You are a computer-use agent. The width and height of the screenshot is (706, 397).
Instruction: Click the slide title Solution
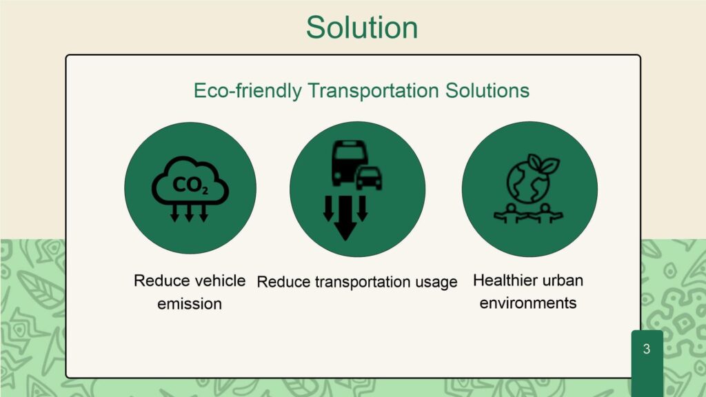362,28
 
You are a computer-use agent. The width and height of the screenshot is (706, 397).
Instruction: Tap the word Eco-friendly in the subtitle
248,91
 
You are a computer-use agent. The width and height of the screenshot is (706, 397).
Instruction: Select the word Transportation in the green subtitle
373,90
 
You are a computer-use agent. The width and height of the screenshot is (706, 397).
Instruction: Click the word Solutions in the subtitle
487,90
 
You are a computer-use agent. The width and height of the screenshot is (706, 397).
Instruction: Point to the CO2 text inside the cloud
190,185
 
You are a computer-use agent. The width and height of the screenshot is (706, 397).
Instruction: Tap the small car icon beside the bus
370,178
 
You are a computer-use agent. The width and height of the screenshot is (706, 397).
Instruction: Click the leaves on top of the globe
544,163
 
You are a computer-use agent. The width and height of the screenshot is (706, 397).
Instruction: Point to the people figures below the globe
528,214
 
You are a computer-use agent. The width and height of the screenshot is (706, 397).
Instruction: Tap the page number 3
647,349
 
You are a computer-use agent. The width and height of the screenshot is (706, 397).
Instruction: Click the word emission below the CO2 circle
190,304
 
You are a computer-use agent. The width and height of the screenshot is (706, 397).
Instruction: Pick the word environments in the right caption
528,303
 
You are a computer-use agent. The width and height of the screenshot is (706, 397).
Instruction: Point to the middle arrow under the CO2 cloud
189,214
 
